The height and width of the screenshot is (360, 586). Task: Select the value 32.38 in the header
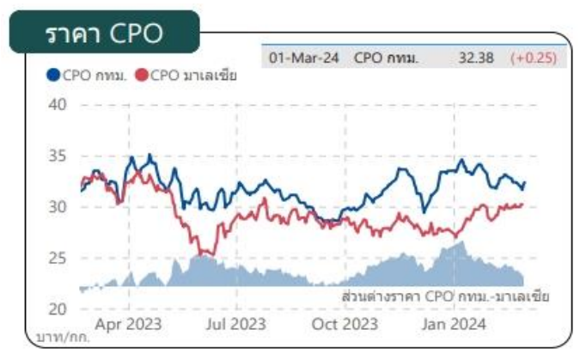(x=473, y=58)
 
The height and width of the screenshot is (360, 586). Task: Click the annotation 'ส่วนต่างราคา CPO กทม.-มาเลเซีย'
(x=444, y=296)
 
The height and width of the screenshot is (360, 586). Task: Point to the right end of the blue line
(x=524, y=182)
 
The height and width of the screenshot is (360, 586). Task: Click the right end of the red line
(x=522, y=204)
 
